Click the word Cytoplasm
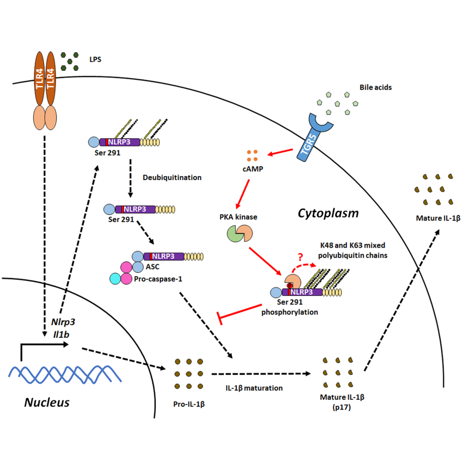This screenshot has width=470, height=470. [x=327, y=213]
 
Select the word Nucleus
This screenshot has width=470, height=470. [x=47, y=402]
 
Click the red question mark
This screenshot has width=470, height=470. [x=299, y=257]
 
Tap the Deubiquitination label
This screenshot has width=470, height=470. [x=172, y=177]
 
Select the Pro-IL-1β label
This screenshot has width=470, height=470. [x=189, y=404]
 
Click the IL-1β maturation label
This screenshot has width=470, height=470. [x=254, y=388]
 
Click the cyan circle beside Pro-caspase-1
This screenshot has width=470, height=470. [x=116, y=279]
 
